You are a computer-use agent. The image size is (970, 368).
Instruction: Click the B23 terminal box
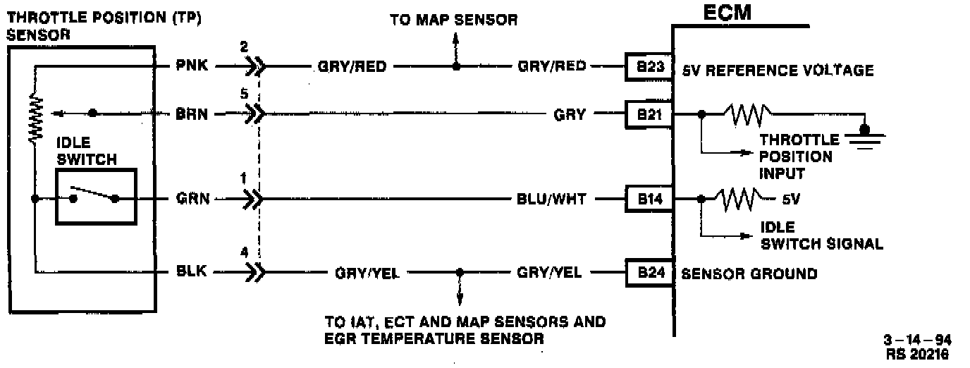click(x=646, y=67)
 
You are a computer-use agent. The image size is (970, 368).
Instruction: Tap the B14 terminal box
click(x=646, y=200)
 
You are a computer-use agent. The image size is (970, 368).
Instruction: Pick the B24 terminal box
click(x=646, y=272)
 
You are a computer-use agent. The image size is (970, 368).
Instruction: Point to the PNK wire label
click(x=192, y=67)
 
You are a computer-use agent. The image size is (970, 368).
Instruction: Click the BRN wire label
click(x=192, y=113)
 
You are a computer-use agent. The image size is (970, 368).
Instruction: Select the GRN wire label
click(x=192, y=200)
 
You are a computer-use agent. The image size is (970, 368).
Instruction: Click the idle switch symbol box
click(x=96, y=198)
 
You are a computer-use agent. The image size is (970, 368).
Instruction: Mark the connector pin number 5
click(x=244, y=93)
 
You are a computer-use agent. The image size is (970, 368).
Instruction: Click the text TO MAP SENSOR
click(x=453, y=20)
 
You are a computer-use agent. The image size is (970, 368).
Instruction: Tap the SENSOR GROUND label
click(x=749, y=274)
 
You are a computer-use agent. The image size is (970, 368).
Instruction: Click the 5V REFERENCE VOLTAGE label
click(x=778, y=70)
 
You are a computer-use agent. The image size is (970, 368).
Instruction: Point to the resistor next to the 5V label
click(x=739, y=198)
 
